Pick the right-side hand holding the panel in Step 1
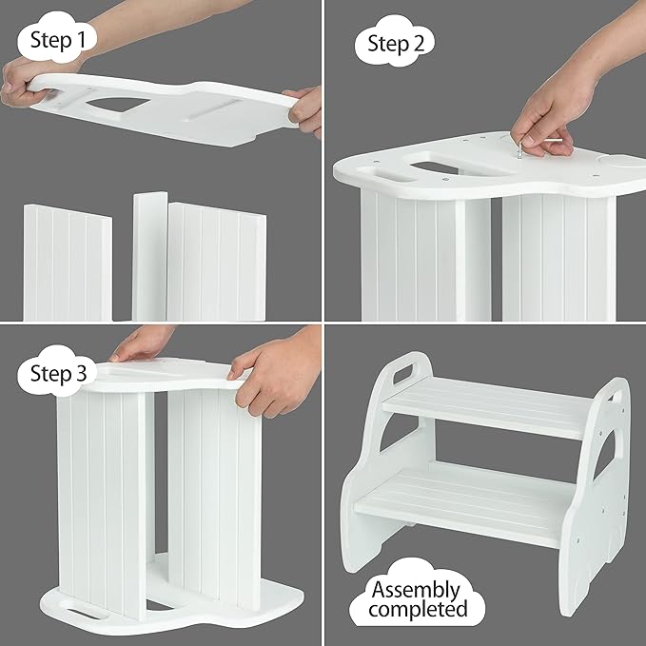306,109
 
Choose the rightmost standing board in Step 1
216,262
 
